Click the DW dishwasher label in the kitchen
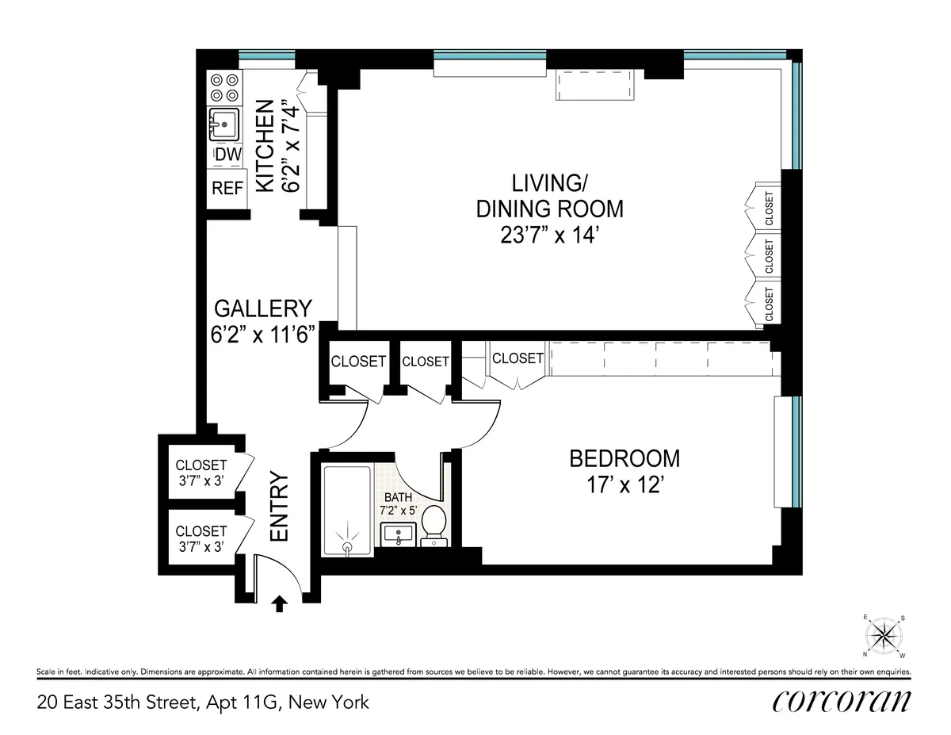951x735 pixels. click(228, 155)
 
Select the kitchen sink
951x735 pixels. click(225, 124)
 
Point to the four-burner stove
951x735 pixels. click(225, 87)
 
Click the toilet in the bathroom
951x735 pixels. click(433, 526)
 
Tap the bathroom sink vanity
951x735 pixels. click(399, 534)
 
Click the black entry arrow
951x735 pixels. click(279, 605)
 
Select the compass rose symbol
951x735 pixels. click(883, 636)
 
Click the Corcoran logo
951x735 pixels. click(841, 701)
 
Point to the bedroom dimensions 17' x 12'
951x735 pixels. click(625, 484)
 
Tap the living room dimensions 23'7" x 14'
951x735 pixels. click(549, 235)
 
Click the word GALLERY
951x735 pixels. click(263, 308)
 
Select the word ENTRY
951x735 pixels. click(278, 507)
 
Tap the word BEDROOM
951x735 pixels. click(624, 458)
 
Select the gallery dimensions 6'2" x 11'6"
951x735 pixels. click(263, 335)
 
